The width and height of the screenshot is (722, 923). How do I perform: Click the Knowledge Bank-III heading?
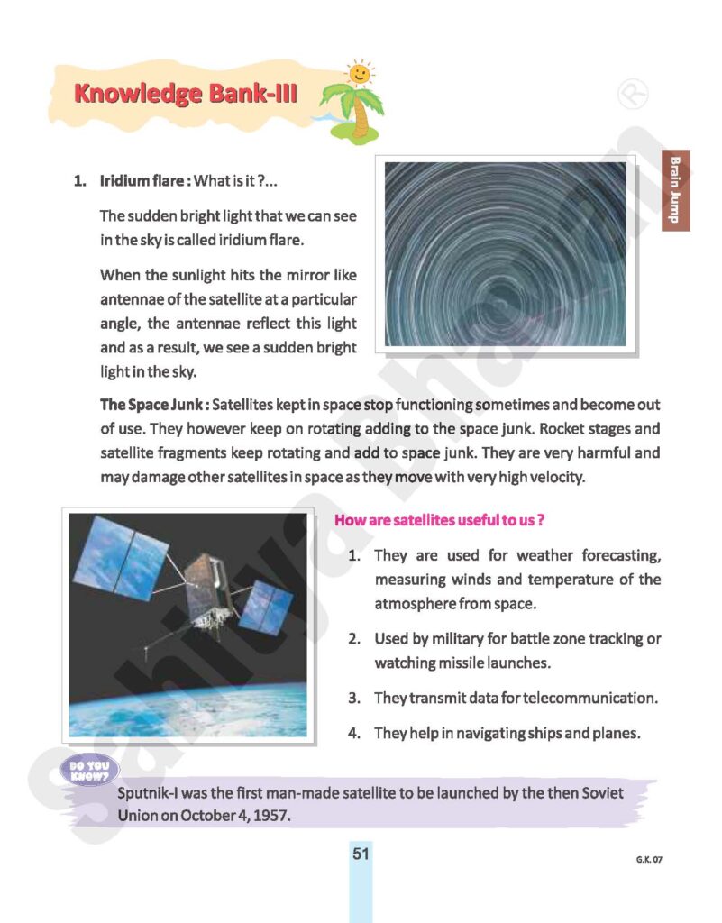coord(185,93)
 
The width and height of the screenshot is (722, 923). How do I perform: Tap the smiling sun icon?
coord(359,72)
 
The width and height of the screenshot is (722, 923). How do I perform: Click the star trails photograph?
coord(511,254)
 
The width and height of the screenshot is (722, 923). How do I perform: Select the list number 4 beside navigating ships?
coord(355,733)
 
